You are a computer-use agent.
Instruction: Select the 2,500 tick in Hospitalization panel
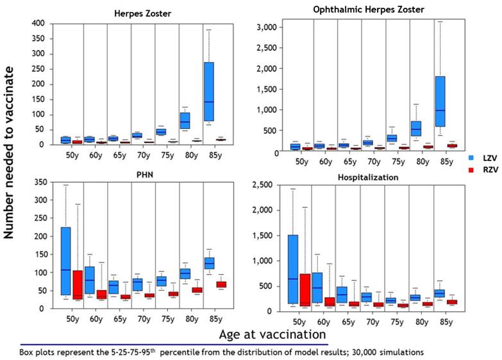pos(270,185)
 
